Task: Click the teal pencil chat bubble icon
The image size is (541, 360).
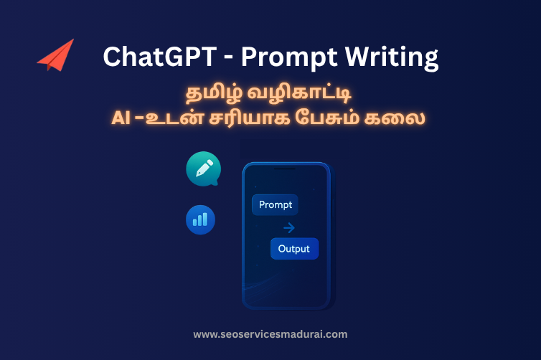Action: coord(202,169)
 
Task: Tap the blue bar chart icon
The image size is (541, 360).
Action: coord(200,219)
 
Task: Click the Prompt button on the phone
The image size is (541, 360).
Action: coord(276,205)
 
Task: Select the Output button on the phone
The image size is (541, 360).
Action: coord(293,249)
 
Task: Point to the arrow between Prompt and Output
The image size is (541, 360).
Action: coord(288,228)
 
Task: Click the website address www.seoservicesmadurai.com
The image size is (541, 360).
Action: coord(270,334)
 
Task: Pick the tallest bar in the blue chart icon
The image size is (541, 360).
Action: coord(206,218)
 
